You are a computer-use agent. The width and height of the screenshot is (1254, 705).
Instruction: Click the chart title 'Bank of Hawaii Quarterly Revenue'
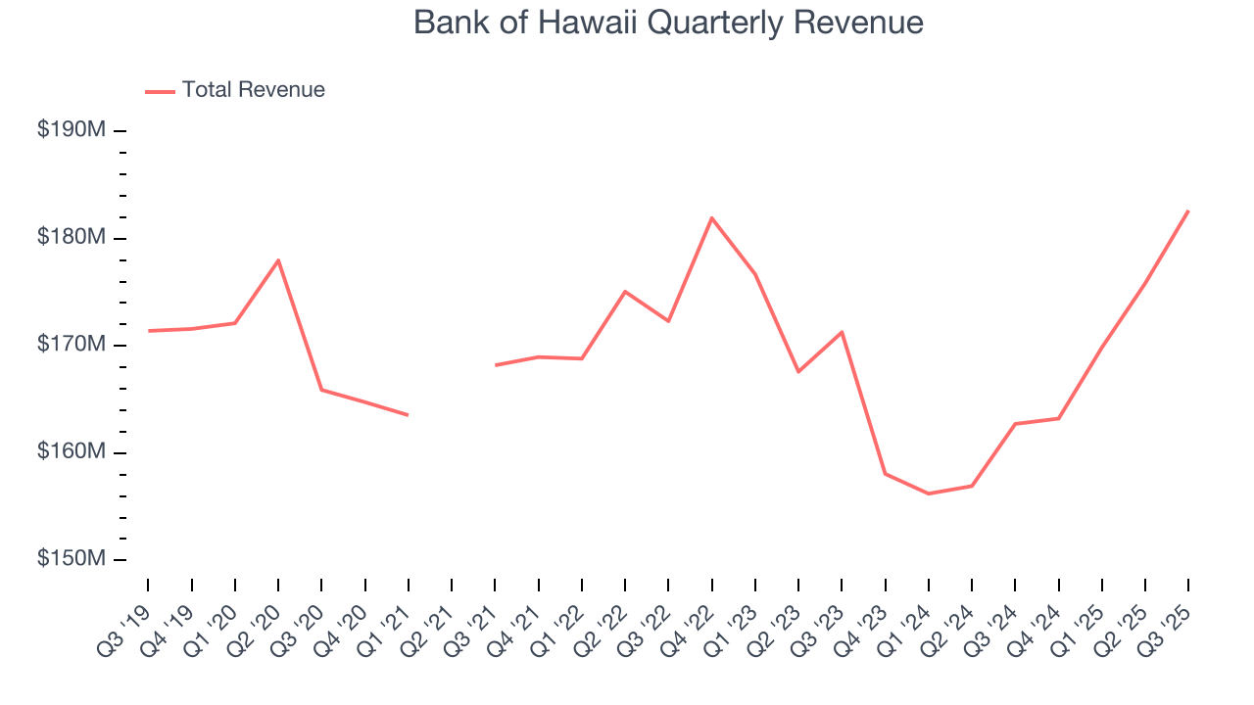pyautogui.click(x=668, y=23)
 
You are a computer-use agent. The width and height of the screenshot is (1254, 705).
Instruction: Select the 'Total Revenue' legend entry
pyautogui.click(x=253, y=90)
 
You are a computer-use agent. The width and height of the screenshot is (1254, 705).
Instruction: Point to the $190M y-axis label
pyautogui.click(x=71, y=130)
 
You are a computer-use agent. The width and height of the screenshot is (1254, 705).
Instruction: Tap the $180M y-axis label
pyautogui.click(x=71, y=238)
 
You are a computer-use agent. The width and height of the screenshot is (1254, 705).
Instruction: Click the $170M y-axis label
pyautogui.click(x=71, y=345)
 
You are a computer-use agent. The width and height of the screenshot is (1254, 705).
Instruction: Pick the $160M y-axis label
pyautogui.click(x=71, y=452)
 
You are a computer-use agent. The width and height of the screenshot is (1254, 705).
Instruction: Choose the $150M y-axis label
pyautogui.click(x=71, y=559)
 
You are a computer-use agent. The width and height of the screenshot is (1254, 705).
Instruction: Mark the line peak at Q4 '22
pyautogui.click(x=711, y=217)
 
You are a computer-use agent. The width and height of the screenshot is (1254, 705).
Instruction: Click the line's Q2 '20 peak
pyautogui.click(x=278, y=260)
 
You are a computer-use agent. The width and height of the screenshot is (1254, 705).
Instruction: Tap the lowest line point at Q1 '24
pyautogui.click(x=928, y=493)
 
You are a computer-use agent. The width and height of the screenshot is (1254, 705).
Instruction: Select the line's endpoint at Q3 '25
pyautogui.click(x=1188, y=211)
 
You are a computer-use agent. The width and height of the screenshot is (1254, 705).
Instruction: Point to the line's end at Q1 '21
pyautogui.click(x=408, y=415)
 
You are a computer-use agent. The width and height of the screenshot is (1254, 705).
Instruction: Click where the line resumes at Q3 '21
pyautogui.click(x=495, y=365)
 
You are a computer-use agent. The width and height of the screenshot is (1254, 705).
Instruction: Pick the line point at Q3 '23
pyautogui.click(x=842, y=332)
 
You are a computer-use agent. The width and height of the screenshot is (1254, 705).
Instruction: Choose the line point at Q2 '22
pyautogui.click(x=625, y=292)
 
